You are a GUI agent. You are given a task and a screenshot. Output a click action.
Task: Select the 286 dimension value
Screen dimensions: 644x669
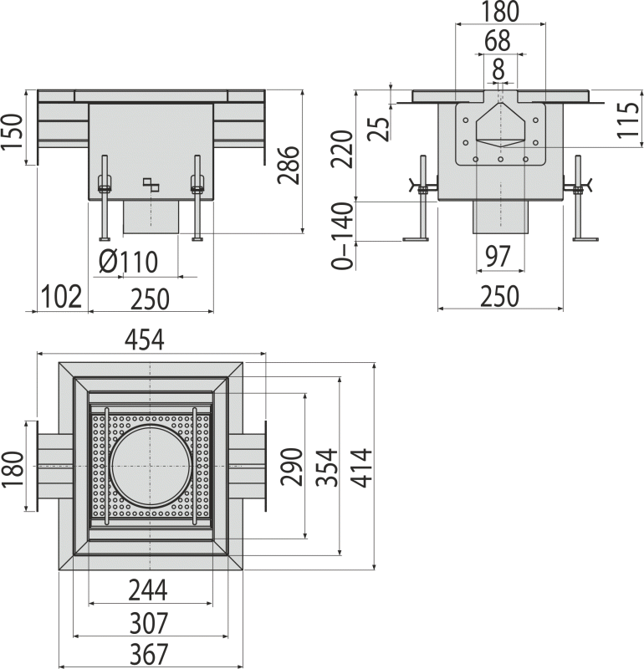click(x=288, y=165)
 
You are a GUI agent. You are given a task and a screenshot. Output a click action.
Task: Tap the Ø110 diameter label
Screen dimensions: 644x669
click(x=129, y=262)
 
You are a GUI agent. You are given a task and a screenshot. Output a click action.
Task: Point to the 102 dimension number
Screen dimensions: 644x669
click(x=62, y=296)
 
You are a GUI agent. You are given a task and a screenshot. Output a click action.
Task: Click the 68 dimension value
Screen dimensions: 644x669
click(x=498, y=40)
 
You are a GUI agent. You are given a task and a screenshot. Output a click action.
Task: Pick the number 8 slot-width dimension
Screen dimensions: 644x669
click(x=498, y=69)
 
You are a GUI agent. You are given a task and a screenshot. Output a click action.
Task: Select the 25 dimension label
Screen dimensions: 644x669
click(x=379, y=129)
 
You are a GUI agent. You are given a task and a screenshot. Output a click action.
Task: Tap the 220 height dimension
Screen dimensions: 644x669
click(x=343, y=149)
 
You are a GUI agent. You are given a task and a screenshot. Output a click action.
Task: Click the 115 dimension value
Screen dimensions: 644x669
click(x=628, y=120)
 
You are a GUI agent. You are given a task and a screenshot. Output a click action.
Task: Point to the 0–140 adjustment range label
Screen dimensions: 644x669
click(x=343, y=236)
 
